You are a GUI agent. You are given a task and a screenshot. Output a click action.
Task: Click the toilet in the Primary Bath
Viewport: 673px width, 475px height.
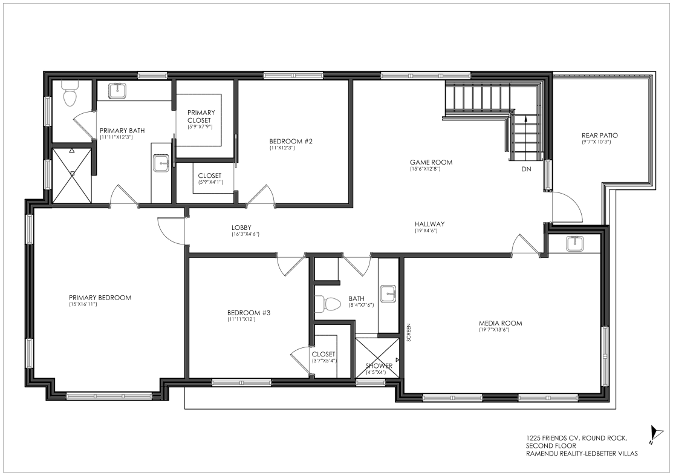click(x=70, y=94)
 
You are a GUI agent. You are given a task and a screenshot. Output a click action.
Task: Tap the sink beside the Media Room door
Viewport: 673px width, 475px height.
click(x=574, y=243)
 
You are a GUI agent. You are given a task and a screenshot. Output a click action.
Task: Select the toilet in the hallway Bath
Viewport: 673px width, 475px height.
click(x=327, y=304)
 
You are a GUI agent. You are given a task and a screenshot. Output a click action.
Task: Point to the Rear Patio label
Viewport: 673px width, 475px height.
click(x=600, y=136)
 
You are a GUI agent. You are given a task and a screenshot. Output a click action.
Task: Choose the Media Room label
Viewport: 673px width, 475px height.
click(x=501, y=323)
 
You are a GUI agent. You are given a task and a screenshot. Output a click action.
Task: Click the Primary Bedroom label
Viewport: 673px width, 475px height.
click(x=100, y=298)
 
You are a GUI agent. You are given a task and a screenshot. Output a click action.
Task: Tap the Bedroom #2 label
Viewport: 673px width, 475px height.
click(x=291, y=141)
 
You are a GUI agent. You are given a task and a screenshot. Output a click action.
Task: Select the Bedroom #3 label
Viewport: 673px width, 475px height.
click(x=249, y=313)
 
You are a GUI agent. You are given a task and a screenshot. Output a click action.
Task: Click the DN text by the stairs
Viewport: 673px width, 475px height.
click(x=526, y=169)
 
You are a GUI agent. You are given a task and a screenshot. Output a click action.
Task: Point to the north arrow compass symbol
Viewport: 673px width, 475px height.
click(x=654, y=434)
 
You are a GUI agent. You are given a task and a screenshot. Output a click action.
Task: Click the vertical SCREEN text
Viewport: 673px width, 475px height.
click(x=409, y=332)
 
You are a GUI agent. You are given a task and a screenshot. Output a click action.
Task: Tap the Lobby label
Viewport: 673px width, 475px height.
click(x=241, y=228)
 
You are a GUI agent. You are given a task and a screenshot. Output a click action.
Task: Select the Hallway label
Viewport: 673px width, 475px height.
click(x=430, y=224)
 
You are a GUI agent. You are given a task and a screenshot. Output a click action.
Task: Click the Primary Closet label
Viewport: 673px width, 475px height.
click(x=201, y=116)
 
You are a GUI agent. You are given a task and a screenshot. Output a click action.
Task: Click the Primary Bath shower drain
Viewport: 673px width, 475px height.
click(x=73, y=174)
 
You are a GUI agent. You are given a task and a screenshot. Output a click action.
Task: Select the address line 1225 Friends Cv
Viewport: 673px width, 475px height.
click(x=577, y=438)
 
